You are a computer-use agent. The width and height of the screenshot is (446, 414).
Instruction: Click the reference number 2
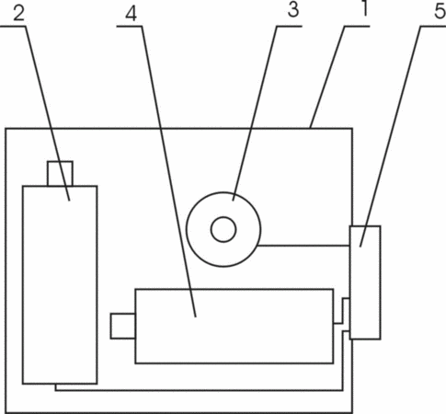(18, 14)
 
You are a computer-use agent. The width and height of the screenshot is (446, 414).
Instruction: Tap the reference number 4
(132, 14)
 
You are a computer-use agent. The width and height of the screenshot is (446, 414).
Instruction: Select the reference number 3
(293, 9)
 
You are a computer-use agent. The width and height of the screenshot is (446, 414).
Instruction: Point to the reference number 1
(364, 8)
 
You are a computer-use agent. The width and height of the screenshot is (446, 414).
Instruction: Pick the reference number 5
(440, 11)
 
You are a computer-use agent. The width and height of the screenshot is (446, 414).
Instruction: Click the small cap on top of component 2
(60, 173)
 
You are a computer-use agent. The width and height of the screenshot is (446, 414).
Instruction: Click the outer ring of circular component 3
(187, 229)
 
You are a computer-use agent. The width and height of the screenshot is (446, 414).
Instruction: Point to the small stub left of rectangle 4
(123, 326)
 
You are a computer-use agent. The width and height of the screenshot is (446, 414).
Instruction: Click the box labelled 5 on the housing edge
(365, 282)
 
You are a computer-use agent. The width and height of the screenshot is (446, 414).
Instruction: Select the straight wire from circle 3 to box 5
(303, 246)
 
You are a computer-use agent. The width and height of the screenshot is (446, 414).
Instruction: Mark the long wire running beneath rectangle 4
(200, 390)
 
